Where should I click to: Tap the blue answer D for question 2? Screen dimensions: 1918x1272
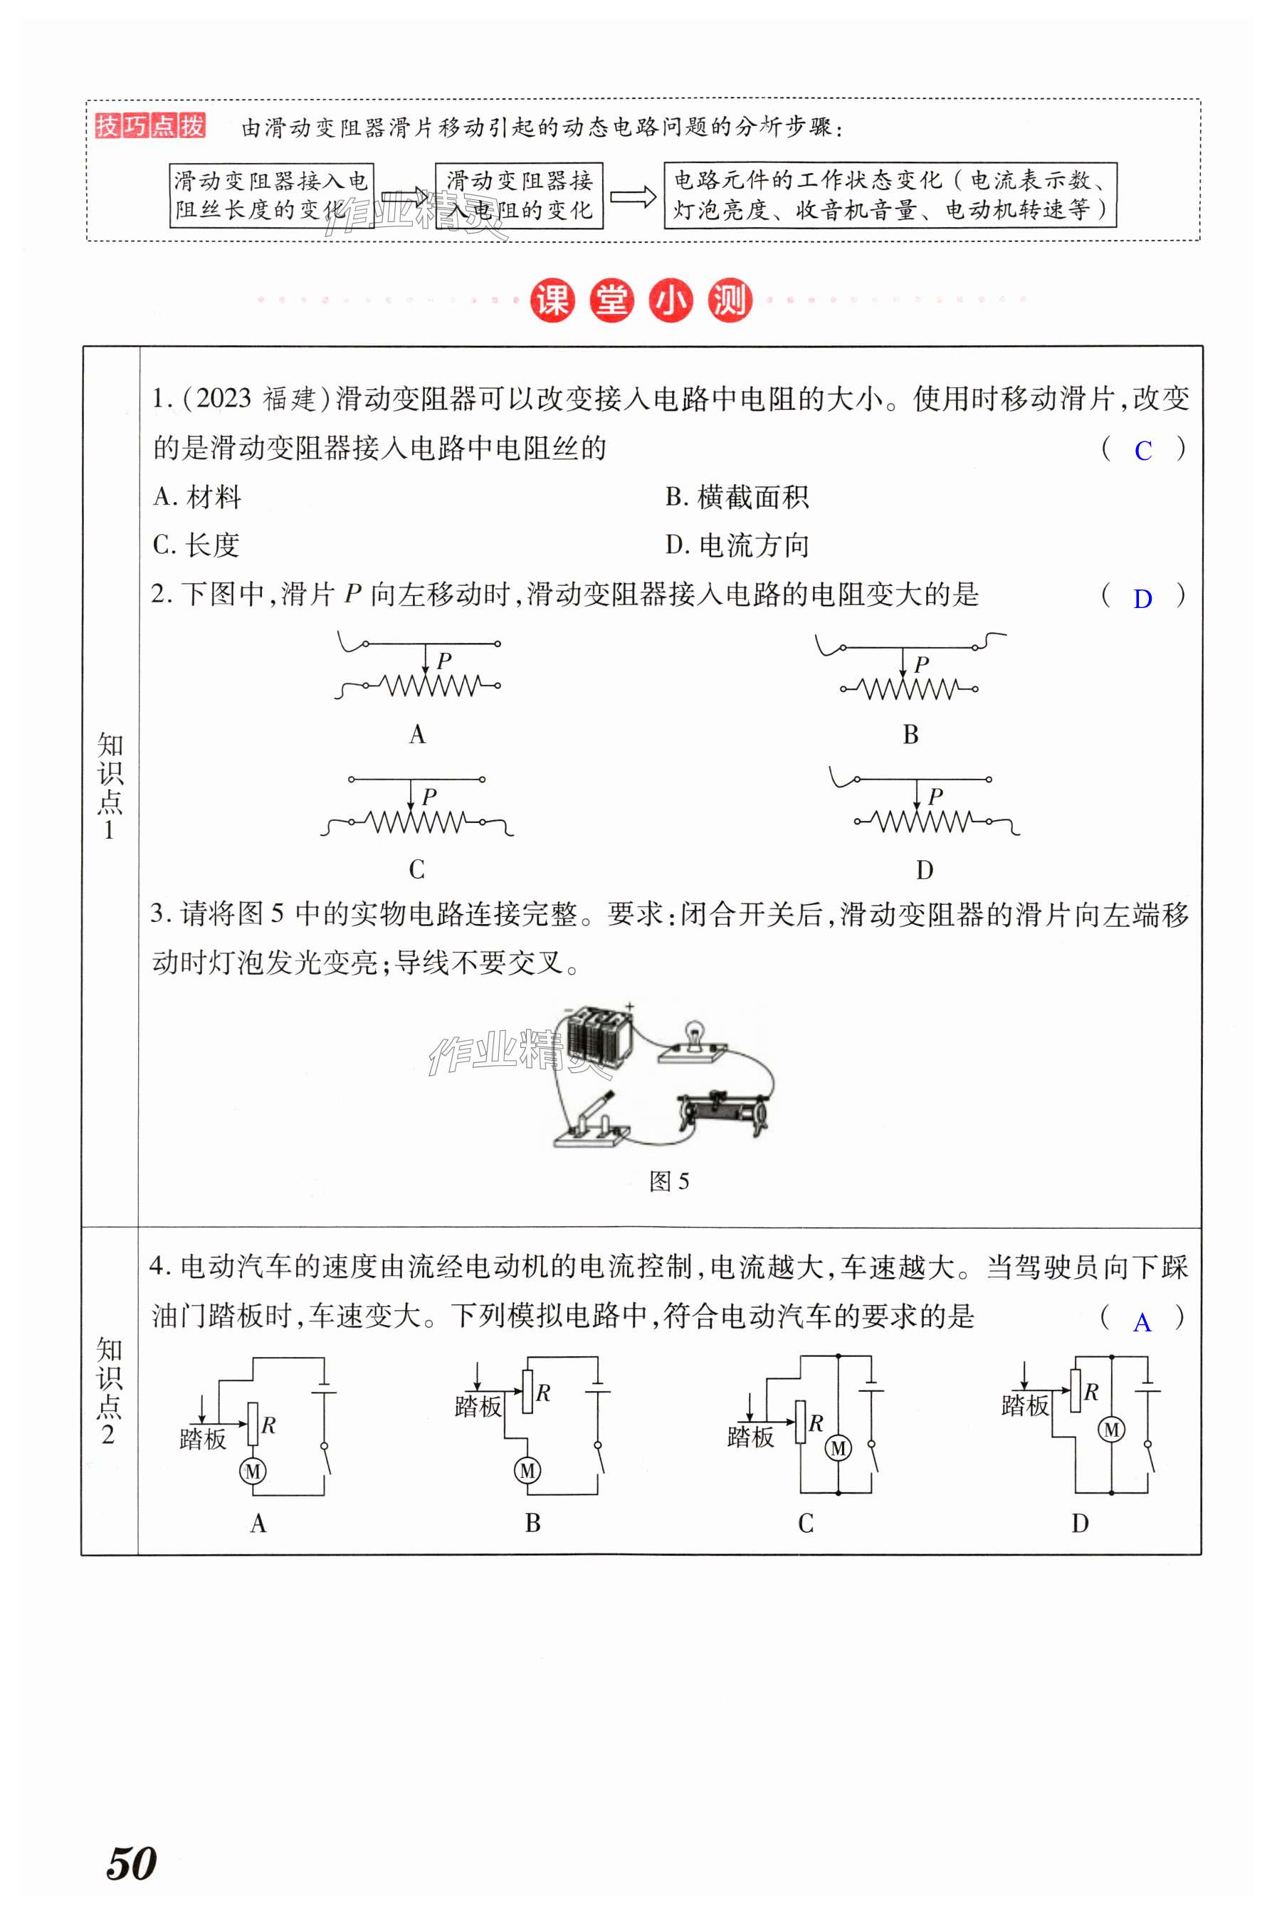point(1142,599)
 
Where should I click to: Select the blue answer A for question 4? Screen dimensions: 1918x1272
point(1142,1324)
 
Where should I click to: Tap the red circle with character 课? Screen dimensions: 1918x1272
point(552,300)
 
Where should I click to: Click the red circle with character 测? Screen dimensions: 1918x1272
point(730,300)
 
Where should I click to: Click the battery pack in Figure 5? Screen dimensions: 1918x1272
point(599,1036)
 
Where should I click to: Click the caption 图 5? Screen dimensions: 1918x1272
point(668,1181)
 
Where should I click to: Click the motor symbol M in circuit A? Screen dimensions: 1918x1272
point(253,1471)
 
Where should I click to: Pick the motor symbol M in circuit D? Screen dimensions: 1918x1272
point(1111,1430)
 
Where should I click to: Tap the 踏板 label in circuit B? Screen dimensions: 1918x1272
point(478,1406)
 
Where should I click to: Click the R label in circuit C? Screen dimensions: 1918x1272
point(815,1423)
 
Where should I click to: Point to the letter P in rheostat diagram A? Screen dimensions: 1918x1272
point(443,661)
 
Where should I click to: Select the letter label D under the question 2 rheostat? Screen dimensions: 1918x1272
point(924,871)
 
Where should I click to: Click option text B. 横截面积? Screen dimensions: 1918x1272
point(737,498)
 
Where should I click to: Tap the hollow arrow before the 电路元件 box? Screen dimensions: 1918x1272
point(633,196)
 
